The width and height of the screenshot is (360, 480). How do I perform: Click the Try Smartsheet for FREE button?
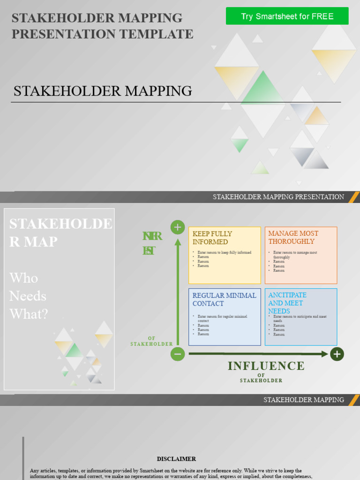(287, 16)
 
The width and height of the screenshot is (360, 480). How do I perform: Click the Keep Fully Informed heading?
(212, 238)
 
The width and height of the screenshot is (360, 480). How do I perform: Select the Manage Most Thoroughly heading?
(293, 237)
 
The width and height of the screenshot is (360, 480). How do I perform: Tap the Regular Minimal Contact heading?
(224, 299)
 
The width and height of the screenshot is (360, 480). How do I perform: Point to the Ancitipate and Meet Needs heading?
(287, 303)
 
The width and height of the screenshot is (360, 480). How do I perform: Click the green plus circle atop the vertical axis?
(177, 227)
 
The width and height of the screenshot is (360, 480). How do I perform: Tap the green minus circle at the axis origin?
(177, 354)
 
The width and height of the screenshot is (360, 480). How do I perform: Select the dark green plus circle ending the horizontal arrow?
(337, 354)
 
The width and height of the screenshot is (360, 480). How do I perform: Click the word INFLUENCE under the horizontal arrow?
(266, 366)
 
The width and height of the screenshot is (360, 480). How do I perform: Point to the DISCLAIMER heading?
(176, 459)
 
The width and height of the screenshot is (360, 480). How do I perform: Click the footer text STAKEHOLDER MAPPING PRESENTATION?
(278, 197)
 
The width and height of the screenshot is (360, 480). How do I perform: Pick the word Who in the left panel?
(24, 278)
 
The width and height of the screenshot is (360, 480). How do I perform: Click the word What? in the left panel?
(29, 314)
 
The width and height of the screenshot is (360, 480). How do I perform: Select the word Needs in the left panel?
(28, 296)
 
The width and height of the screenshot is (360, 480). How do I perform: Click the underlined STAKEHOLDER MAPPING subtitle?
(103, 91)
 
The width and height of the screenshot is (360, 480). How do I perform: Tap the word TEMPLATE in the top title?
(156, 34)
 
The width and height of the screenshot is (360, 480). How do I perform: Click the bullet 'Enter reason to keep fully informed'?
(224, 253)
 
